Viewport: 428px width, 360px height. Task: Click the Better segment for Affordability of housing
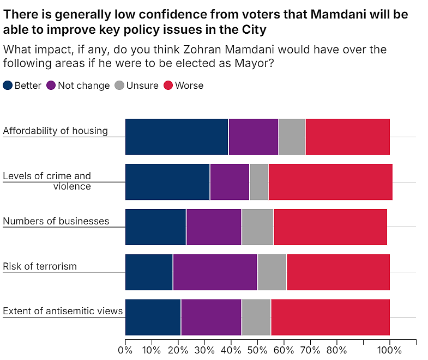point(177,137)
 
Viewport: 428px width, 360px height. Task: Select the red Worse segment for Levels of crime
point(330,182)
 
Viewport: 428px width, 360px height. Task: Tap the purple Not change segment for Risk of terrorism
point(215,272)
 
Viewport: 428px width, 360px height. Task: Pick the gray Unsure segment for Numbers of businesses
point(257,227)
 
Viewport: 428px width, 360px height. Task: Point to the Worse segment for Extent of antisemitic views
point(330,317)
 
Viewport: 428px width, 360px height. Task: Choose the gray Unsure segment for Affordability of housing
point(292,137)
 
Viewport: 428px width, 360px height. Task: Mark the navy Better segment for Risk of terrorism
point(149,272)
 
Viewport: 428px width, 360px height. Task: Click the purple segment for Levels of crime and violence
point(230,182)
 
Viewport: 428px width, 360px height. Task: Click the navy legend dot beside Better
point(8,86)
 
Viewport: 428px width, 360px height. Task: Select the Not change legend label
point(84,86)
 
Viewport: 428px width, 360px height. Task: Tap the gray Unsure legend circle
point(119,86)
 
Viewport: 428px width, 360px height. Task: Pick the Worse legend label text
point(189,86)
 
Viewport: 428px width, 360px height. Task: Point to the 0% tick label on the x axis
point(125,350)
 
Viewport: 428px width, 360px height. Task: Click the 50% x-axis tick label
point(257,350)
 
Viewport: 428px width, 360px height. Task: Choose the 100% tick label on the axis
point(389,350)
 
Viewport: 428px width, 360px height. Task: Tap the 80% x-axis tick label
point(336,350)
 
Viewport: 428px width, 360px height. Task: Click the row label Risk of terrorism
point(40,266)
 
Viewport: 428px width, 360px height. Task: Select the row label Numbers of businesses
point(56,221)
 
